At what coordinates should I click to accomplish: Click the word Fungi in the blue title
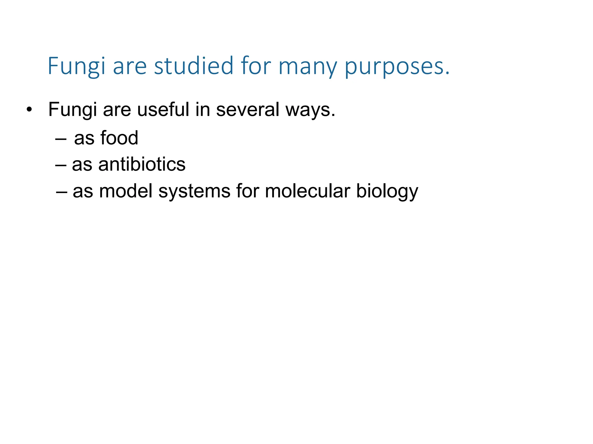pos(76,66)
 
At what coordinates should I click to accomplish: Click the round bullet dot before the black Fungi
pos(29,110)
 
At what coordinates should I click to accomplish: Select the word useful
pos(163,110)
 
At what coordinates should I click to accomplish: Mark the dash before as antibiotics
pos(61,165)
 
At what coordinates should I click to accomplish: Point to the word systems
pos(194,192)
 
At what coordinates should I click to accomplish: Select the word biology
pos(387,192)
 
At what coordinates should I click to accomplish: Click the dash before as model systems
pos(62,192)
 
